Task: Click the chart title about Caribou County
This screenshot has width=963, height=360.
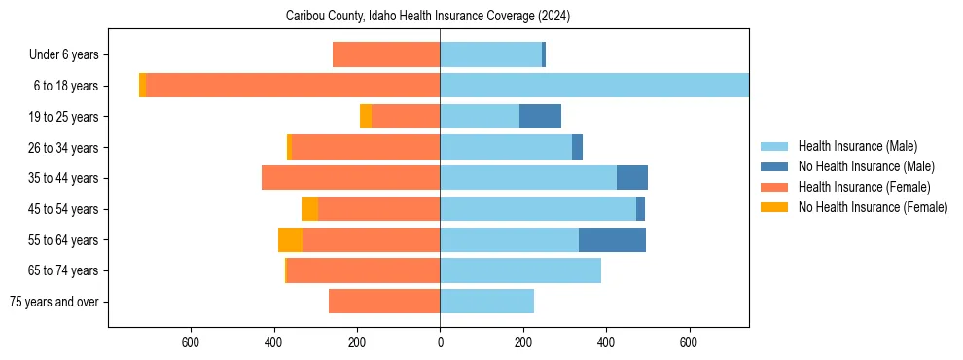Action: [428, 17]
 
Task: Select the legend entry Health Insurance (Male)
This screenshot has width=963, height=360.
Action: [857, 146]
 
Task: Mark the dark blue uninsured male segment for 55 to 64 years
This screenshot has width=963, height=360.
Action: [612, 239]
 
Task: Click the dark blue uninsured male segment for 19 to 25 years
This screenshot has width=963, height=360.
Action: [540, 117]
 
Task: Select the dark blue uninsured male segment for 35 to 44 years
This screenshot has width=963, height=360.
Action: [631, 178]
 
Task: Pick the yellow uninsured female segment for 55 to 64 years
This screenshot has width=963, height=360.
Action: [290, 239]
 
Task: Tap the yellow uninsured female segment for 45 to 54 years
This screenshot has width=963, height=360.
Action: [309, 209]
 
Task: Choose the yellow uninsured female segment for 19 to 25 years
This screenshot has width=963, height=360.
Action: [366, 117]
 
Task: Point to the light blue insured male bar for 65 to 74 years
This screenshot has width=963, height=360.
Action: [520, 270]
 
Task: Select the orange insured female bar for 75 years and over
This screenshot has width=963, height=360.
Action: [384, 302]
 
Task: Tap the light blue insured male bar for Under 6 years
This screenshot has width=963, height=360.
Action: [490, 54]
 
